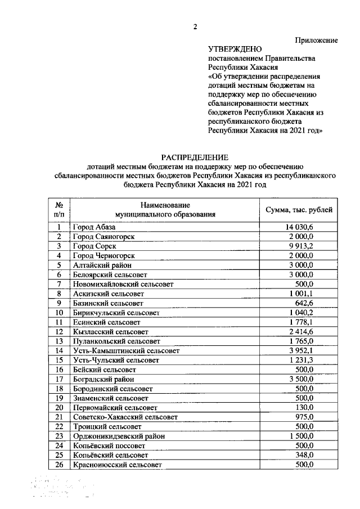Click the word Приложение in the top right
click(317, 40)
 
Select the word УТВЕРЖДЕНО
click(235, 49)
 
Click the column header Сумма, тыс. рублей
click(298, 210)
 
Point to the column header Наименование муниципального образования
click(165, 210)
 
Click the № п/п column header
click(58, 210)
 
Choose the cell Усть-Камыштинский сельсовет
click(126, 350)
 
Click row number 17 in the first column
click(58, 379)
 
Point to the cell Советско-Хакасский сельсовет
click(125, 417)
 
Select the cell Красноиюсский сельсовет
click(117, 465)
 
